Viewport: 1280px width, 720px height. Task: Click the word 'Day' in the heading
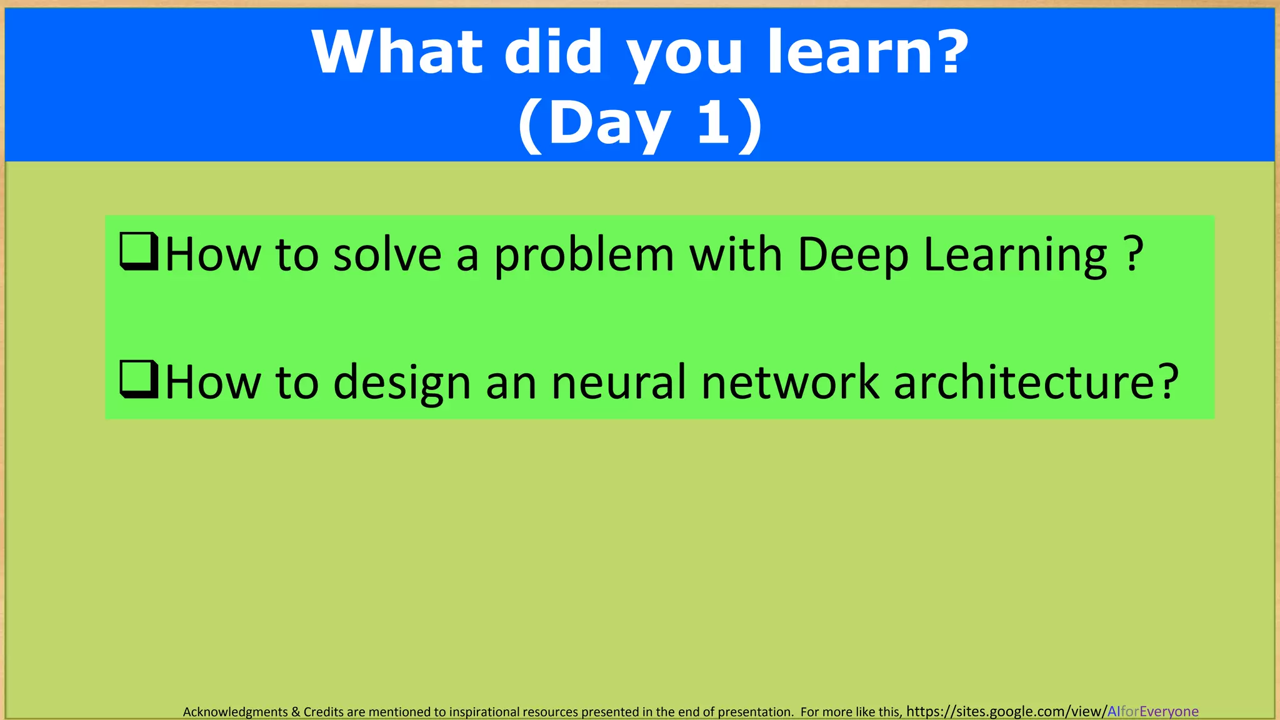609,124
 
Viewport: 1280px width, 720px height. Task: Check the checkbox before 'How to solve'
138,251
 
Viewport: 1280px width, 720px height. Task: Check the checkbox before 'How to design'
138,379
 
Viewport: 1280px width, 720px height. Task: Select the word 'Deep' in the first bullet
852,256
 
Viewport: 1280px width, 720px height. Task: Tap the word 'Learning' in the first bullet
1015,256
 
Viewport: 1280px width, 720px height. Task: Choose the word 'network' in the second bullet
789,382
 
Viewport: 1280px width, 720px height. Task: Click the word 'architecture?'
1036,382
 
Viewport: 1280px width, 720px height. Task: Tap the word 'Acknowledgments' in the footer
235,712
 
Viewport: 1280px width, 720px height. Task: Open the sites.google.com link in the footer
1052,711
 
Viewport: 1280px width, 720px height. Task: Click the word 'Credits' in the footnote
324,712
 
